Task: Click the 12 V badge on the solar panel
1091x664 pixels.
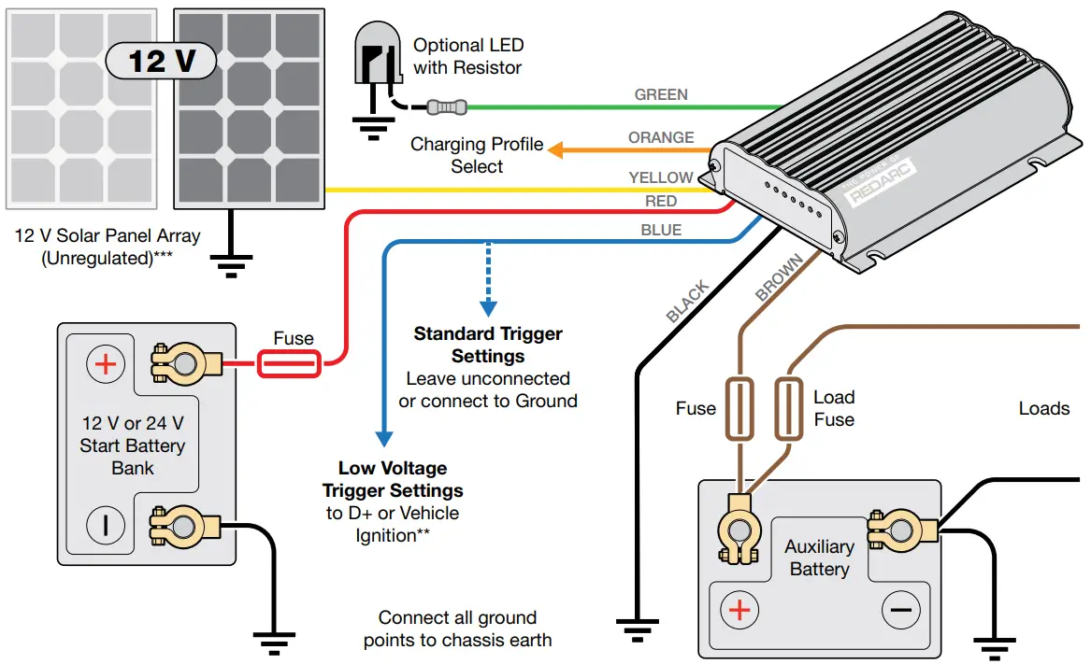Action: (x=160, y=61)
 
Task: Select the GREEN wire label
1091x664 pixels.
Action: (x=661, y=94)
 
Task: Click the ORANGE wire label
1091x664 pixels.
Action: (x=661, y=137)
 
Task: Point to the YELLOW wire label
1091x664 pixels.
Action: (x=661, y=177)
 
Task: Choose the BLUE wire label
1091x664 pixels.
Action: (x=661, y=230)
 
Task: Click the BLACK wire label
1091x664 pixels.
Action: (x=688, y=302)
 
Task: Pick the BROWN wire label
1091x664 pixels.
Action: (x=779, y=277)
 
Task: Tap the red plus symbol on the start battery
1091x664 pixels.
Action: (x=105, y=364)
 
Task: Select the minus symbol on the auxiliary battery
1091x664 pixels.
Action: (x=900, y=611)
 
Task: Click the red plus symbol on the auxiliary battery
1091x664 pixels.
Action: (x=739, y=611)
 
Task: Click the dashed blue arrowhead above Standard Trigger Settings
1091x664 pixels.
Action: (x=487, y=307)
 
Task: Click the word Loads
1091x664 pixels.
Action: (x=1043, y=409)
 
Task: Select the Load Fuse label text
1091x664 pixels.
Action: (x=834, y=408)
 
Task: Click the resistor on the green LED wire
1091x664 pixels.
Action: (x=446, y=107)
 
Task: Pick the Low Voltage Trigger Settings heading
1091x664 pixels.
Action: (x=393, y=479)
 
